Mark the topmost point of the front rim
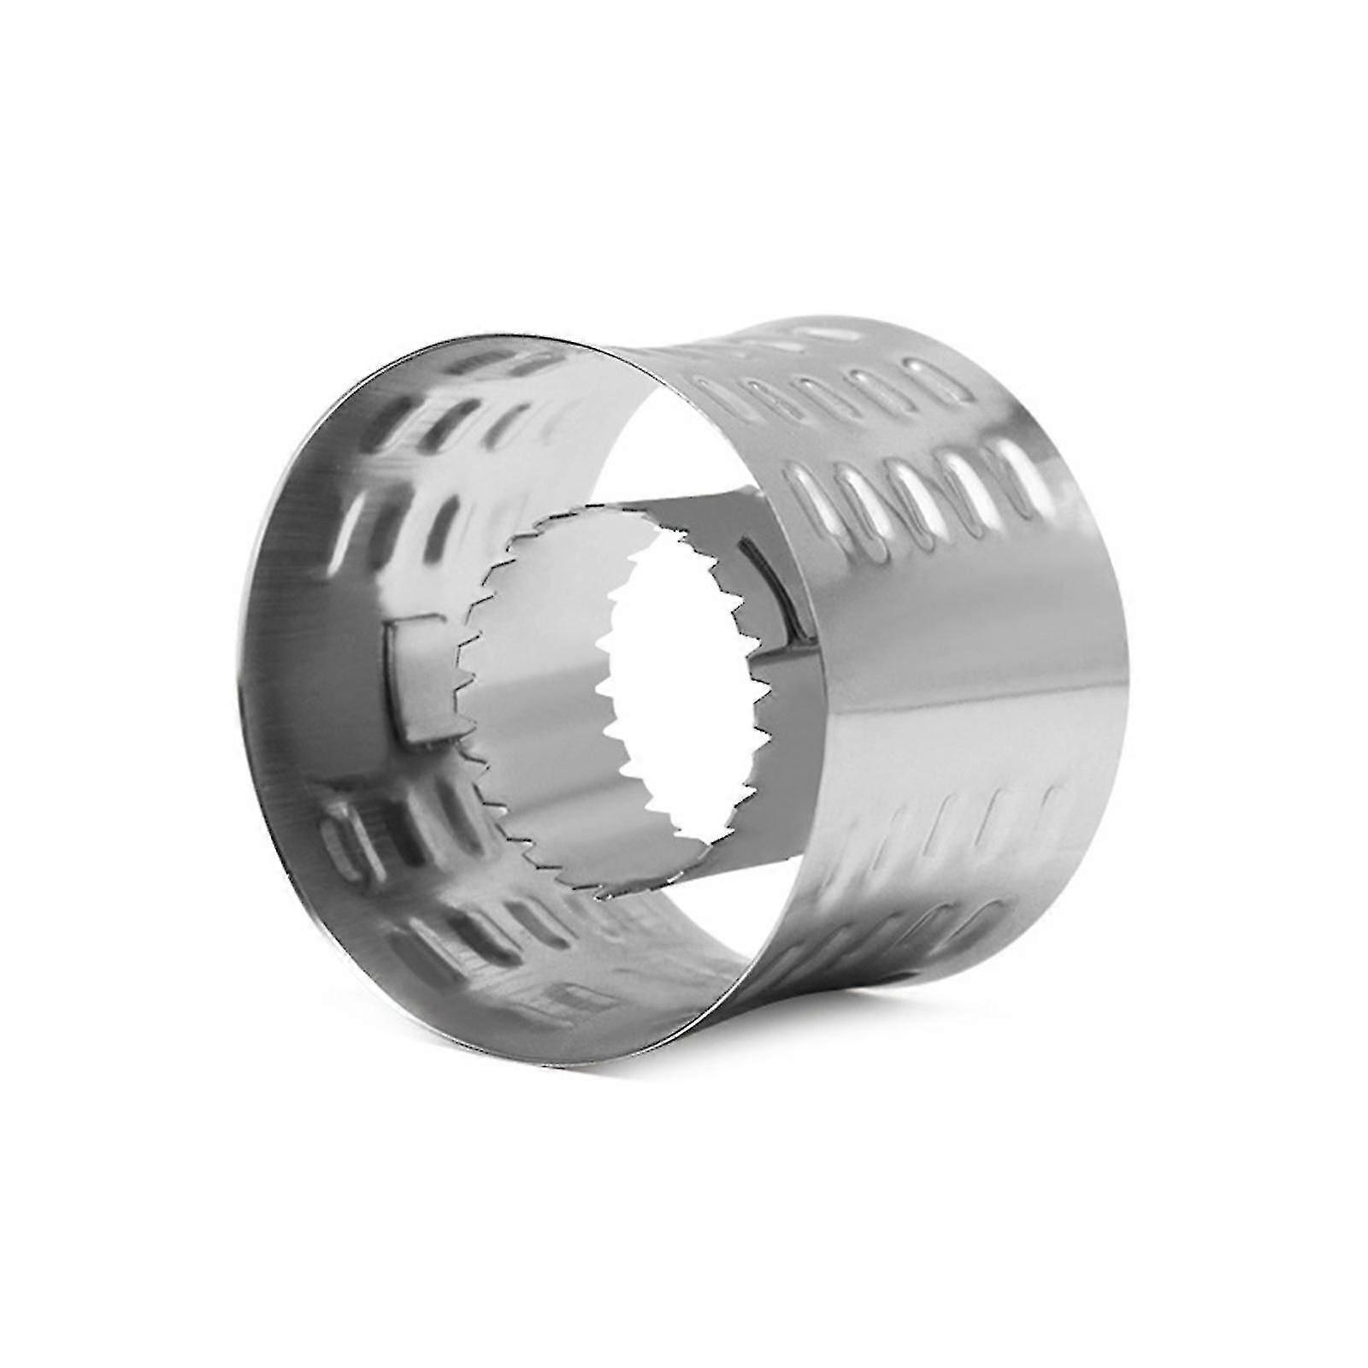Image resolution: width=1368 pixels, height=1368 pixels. pos(479,329)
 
